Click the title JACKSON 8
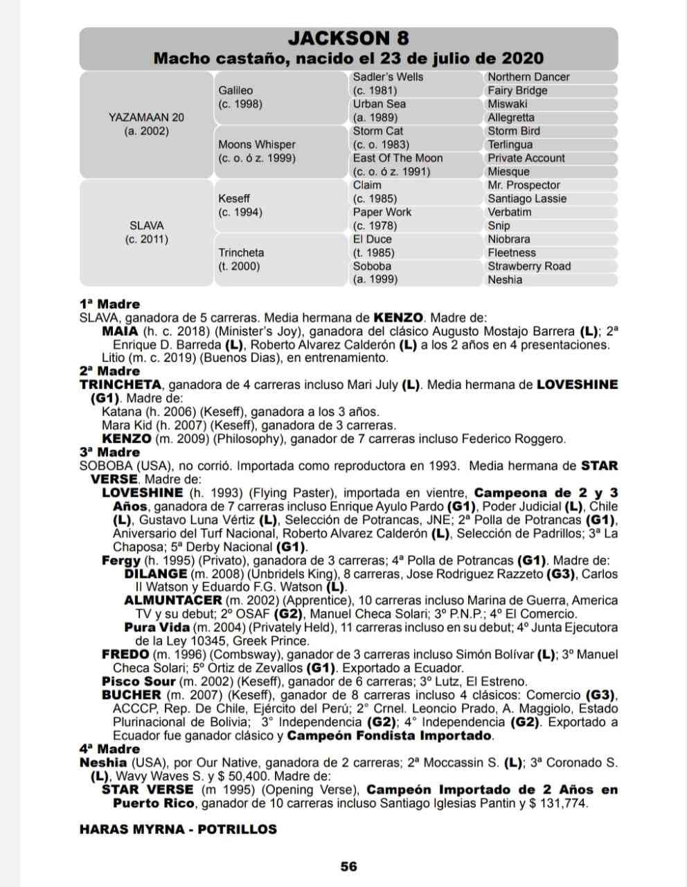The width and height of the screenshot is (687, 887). click(348, 38)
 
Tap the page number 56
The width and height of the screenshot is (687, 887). click(348, 866)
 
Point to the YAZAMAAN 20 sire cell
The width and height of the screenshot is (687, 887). click(146, 124)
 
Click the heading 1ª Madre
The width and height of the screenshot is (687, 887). click(109, 304)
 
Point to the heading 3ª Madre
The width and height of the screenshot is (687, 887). click(109, 452)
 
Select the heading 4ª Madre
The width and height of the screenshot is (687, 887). click(109, 748)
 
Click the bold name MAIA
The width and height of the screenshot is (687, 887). click(120, 331)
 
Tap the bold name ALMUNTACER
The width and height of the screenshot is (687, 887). click(173, 600)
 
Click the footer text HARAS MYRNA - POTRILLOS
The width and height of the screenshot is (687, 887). click(178, 829)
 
